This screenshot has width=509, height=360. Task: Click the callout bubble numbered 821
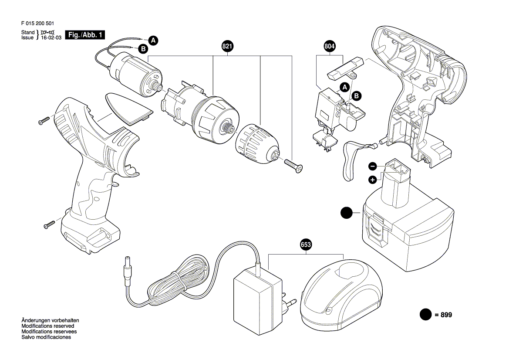coord(227,46)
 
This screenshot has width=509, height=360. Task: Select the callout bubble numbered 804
coord(330,46)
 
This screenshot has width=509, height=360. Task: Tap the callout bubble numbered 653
coord(306,245)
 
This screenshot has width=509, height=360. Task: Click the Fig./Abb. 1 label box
coord(85,35)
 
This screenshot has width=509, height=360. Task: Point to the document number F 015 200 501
coord(37,24)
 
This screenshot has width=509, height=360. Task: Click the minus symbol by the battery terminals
coord(373,166)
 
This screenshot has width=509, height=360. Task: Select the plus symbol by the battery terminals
coord(373,180)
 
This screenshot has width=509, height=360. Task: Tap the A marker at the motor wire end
coord(153,41)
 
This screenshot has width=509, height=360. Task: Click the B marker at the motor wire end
coord(143,49)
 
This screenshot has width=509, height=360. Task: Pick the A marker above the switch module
coord(344,87)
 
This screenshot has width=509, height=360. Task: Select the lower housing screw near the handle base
coord(49,224)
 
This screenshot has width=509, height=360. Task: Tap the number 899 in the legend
coord(446,315)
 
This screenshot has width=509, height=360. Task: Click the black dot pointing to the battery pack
coord(346,213)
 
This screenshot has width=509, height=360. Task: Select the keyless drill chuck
coord(257,143)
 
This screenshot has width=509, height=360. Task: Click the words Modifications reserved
coord(48,326)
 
